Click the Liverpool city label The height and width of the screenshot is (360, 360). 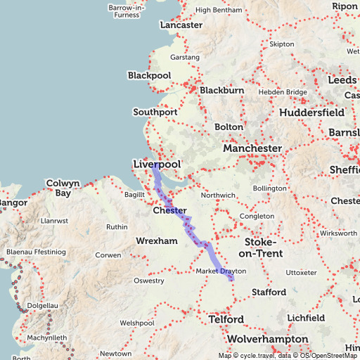pyautogui.click(x=156, y=165)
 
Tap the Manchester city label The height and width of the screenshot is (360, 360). pyautogui.click(x=252, y=149)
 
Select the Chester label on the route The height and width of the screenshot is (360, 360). pyautogui.click(x=169, y=211)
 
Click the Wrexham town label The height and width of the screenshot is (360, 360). pyautogui.click(x=157, y=241)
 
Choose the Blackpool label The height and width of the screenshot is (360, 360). pyautogui.click(x=149, y=75)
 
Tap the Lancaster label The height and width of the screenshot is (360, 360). pyautogui.click(x=181, y=25)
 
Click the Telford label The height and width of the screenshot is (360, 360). pyautogui.click(x=226, y=320)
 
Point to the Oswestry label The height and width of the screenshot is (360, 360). pyautogui.click(x=148, y=281)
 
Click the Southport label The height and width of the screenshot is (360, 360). pyautogui.click(x=155, y=112)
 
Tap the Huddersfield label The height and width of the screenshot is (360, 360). pyautogui.click(x=311, y=112)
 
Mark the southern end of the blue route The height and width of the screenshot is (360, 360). pyautogui.click(x=231, y=279)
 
